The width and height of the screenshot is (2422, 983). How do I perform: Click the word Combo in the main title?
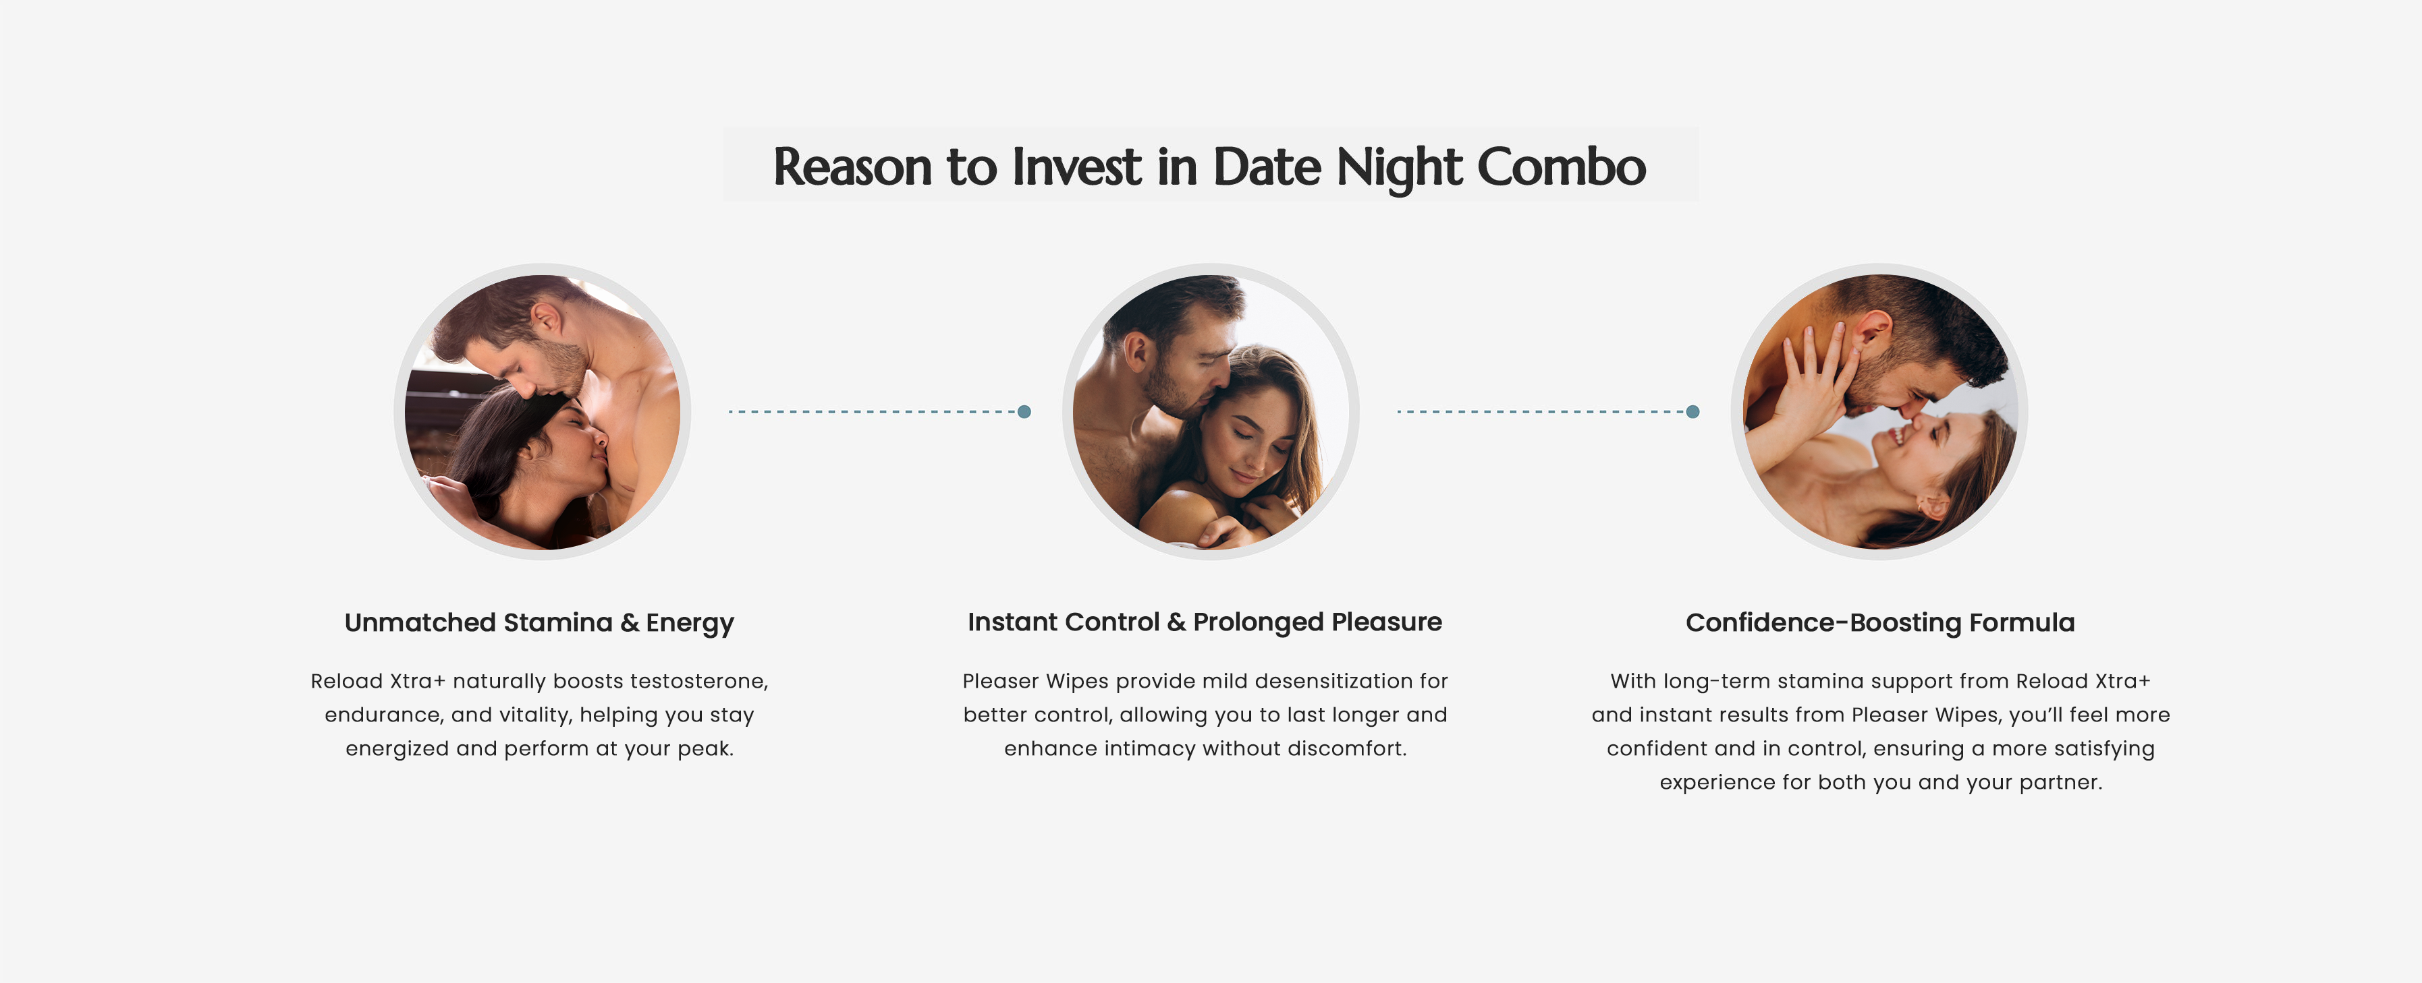click(1561, 167)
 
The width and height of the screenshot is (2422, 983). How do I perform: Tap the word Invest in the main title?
click(1076, 167)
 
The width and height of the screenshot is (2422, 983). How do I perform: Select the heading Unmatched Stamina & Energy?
click(539, 623)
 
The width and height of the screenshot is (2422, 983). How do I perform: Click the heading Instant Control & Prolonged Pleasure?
click(1205, 622)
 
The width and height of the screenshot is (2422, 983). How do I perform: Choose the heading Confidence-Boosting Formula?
click(1879, 623)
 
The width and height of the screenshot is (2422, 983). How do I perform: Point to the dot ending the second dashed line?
click(1693, 412)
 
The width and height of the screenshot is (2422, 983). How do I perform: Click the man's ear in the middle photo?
click(1136, 353)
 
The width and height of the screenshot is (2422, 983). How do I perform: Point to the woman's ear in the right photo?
click(1935, 506)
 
